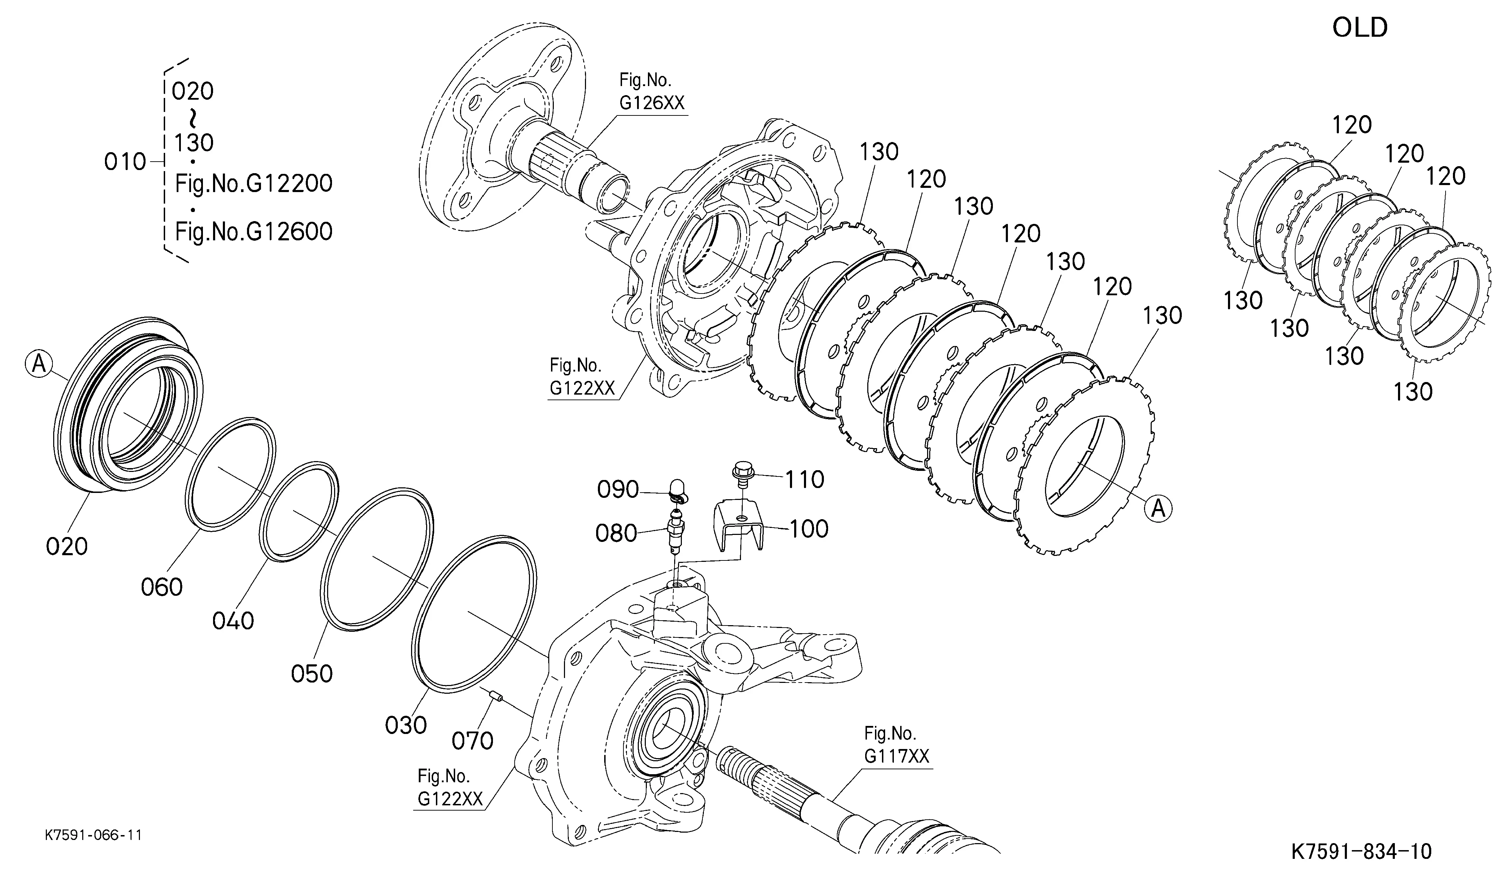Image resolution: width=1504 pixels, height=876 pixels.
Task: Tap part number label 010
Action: tap(125, 162)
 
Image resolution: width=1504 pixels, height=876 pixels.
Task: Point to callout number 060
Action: tap(161, 587)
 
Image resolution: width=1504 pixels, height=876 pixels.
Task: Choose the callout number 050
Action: tap(312, 674)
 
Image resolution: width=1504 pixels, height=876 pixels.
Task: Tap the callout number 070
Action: tap(472, 741)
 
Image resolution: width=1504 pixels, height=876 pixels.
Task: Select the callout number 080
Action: tap(616, 533)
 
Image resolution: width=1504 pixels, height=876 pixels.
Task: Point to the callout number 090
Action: tap(618, 489)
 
